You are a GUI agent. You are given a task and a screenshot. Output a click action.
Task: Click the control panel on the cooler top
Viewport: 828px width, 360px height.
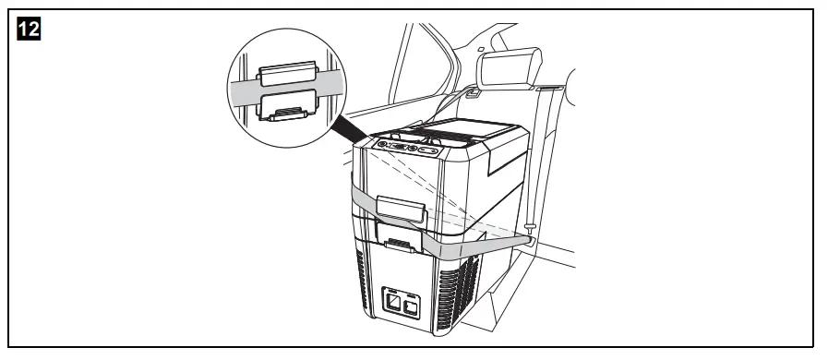pos(405,148)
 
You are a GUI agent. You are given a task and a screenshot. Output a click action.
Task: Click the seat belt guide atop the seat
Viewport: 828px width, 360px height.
pos(547,87)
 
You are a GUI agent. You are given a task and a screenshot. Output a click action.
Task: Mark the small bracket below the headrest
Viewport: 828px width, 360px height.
pos(473,92)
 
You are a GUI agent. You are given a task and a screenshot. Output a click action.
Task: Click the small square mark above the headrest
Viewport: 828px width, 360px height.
pos(481,48)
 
